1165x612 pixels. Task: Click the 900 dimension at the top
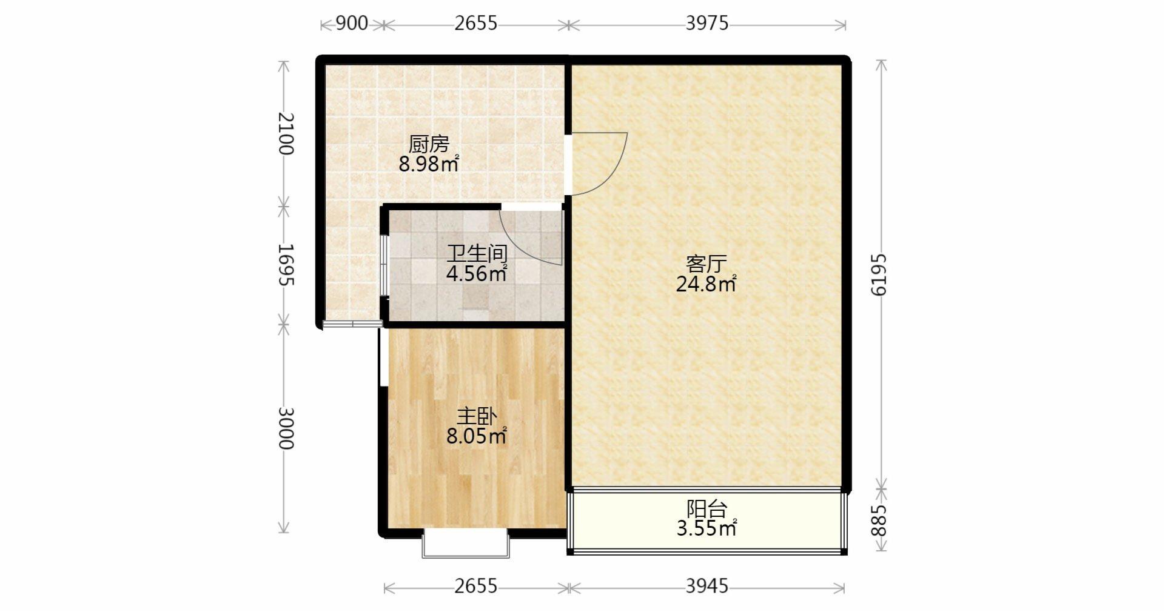tap(352, 23)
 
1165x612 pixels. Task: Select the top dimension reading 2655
tap(475, 23)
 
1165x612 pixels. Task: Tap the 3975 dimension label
tap(707, 23)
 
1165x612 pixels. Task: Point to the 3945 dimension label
tap(707, 586)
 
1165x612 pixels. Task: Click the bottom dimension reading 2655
tap(475, 586)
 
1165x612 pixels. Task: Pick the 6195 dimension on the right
tap(879, 274)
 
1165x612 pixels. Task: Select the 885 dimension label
tap(879, 521)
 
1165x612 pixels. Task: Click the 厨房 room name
tap(429, 144)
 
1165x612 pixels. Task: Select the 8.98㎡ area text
tap(429, 164)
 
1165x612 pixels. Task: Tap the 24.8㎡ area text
tap(707, 284)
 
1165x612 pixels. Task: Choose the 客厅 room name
tap(707, 264)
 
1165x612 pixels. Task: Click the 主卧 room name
tap(477, 416)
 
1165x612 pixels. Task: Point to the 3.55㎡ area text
tap(707, 528)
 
